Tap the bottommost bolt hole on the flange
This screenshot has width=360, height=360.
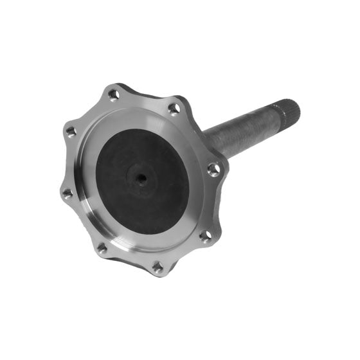click(157, 264)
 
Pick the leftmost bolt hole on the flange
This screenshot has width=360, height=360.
click(67, 192)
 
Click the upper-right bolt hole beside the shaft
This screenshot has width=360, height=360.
click(174, 109)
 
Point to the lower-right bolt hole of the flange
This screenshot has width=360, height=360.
click(205, 236)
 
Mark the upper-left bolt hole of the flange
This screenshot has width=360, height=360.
click(71, 131)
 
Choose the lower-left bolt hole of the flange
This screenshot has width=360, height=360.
click(102, 247)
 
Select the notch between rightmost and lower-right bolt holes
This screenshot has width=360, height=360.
click(216, 204)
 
